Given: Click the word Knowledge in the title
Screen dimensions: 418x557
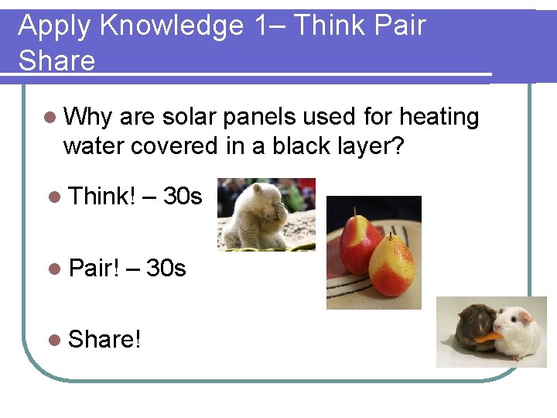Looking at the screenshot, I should pos(171,26).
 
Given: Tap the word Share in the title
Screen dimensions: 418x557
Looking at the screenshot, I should pos(56,60).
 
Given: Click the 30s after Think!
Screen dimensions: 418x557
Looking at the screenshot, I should pos(183,197).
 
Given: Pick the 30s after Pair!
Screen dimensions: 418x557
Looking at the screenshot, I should pos(166,268).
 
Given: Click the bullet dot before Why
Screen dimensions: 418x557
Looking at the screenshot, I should pos(50,118).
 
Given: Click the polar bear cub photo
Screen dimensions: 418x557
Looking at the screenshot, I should pos(265,214).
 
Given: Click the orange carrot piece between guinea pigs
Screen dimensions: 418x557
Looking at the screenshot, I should pos(487,337).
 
